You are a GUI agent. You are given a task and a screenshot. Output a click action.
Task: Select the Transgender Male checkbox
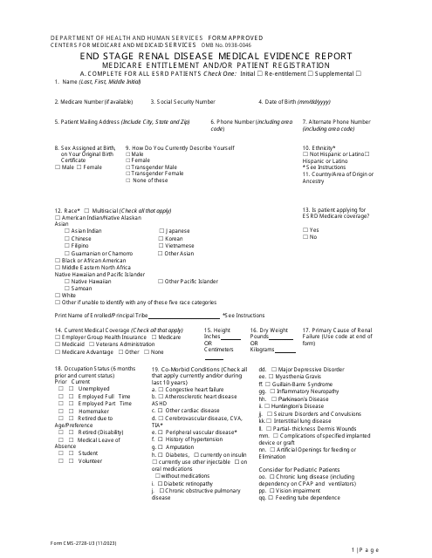pyautogui.click(x=128, y=167)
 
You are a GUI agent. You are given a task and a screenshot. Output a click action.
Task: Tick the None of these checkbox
pyautogui.click(x=128, y=180)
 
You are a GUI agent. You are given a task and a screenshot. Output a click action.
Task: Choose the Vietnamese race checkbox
pyautogui.click(x=161, y=246)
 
